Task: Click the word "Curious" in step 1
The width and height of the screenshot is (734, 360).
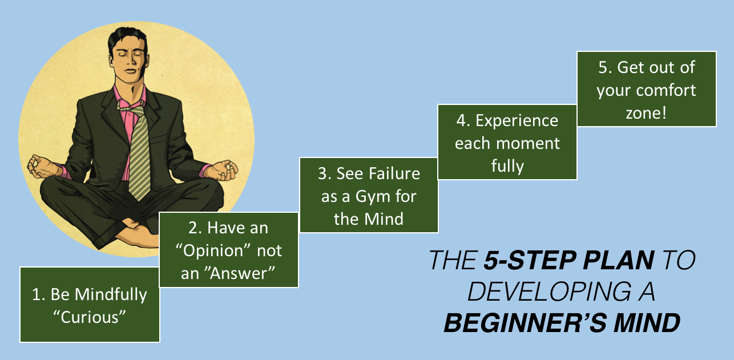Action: coord(90,317)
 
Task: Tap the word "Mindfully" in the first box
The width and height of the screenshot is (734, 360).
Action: coord(111,295)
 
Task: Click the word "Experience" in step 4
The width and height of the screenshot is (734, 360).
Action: coord(517,121)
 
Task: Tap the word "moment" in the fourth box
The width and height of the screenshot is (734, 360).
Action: coord(528,143)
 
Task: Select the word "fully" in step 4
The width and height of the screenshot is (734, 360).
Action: coord(507,166)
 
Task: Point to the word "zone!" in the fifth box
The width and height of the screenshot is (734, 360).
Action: coord(646,114)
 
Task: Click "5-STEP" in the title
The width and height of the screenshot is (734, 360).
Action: coord(530,261)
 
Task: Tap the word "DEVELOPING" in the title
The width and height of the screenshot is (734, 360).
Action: coord(549,292)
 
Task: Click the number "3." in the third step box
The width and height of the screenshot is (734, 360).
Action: coord(324,173)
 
